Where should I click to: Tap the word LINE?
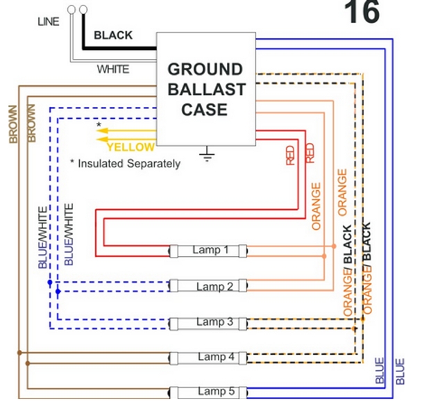pos(48,23)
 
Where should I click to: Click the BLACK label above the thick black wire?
pos(112,35)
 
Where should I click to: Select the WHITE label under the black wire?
pos(112,69)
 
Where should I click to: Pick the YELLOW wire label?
pos(130,147)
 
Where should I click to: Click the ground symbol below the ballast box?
pos(206,154)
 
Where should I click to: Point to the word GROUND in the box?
pos(205,69)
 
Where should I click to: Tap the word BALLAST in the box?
pos(205,90)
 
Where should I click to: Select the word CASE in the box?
pos(205,110)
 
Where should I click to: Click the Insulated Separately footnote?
pos(126,164)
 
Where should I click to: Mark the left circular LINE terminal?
pos(71,9)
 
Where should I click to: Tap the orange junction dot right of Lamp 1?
pos(333,246)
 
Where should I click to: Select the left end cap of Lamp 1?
pos(174,251)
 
